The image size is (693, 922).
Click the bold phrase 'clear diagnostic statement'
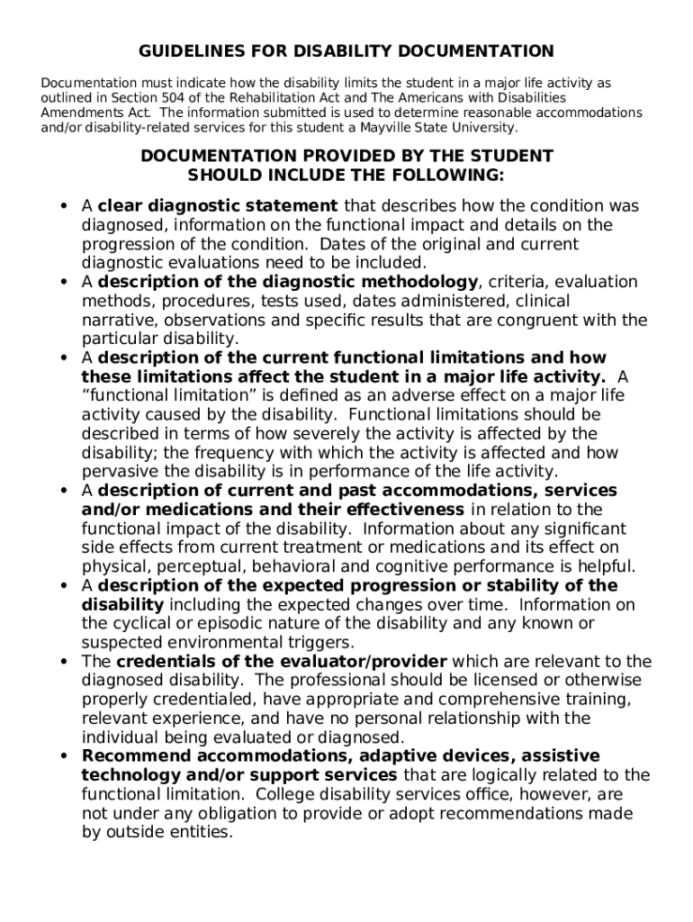(x=218, y=206)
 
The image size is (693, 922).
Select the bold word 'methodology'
(x=426, y=282)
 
